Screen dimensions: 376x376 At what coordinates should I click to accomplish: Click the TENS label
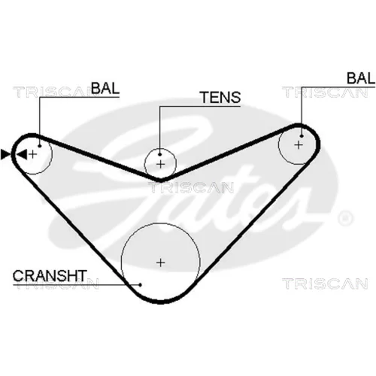(x=220, y=97)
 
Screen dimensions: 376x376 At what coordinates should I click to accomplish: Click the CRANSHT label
(x=50, y=276)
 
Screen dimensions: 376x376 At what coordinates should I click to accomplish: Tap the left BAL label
(x=105, y=88)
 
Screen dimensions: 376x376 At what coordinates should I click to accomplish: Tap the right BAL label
(x=361, y=78)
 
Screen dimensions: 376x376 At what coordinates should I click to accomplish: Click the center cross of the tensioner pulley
(x=160, y=165)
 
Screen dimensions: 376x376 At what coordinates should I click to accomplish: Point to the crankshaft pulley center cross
(x=160, y=262)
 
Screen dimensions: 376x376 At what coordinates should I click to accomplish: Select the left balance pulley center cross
(x=33, y=154)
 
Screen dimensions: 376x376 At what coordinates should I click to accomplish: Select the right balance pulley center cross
(x=299, y=145)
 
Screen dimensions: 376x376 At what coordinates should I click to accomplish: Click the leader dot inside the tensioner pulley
(x=160, y=155)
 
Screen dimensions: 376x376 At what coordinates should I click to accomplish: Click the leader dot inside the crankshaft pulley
(x=141, y=285)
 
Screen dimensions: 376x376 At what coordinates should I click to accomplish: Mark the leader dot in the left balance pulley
(x=40, y=146)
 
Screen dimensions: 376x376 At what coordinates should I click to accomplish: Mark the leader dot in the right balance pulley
(x=302, y=136)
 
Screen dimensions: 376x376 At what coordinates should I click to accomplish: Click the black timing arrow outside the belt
(x=5, y=154)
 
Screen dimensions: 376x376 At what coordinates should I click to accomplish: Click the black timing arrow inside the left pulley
(x=22, y=154)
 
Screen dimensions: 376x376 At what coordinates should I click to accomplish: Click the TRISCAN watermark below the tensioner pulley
(x=191, y=187)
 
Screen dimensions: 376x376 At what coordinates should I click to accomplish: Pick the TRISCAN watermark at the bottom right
(x=325, y=284)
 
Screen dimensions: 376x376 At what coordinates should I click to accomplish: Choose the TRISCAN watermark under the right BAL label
(x=325, y=92)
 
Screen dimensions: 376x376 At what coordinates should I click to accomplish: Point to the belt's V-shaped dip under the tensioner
(x=160, y=180)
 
